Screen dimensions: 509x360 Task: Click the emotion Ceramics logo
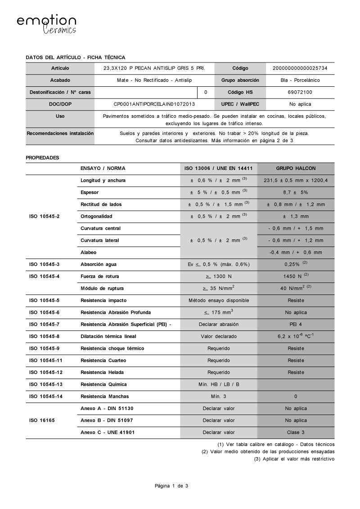[x=46, y=24]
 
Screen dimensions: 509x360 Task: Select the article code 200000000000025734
[x=300, y=68]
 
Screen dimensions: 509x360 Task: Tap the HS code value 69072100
[x=300, y=92]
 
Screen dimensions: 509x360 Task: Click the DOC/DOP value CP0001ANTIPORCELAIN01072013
[x=154, y=104]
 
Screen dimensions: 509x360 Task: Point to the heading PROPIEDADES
[x=42, y=158]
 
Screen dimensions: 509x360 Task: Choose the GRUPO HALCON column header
[x=296, y=168]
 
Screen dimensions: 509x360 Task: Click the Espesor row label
[x=90, y=192]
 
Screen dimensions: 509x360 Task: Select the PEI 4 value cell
[x=296, y=324]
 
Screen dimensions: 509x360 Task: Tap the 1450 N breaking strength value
[x=293, y=276]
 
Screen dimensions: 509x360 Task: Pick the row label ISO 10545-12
[x=46, y=372]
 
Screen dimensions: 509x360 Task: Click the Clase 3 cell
[x=296, y=432]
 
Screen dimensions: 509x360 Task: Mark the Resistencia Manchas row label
[x=104, y=396]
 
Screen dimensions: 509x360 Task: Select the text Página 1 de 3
[x=171, y=486]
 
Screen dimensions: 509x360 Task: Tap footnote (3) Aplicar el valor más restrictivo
[x=294, y=459]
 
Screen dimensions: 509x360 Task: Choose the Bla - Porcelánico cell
[x=300, y=80]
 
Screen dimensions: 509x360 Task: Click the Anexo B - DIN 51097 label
[x=107, y=420]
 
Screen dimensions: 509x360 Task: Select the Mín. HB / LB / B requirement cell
[x=219, y=384]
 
